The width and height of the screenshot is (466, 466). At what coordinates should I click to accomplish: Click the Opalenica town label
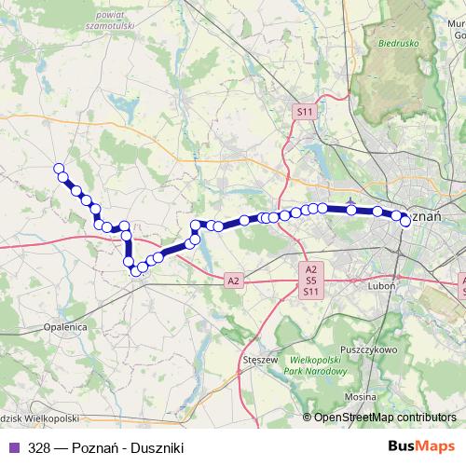coord(65,328)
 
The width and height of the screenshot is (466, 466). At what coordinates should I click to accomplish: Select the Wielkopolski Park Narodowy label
coord(320,364)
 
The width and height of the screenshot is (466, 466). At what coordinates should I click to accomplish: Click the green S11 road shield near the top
coord(305,111)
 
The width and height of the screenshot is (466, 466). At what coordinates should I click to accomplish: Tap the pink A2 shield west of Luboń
coord(233,280)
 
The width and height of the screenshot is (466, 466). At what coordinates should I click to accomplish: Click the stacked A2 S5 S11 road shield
coord(311,280)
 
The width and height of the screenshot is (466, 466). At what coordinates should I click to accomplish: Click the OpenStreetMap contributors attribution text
coord(384,418)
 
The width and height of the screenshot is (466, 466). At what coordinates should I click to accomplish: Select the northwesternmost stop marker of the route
coord(59,169)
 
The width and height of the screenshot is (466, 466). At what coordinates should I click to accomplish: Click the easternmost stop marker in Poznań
coord(405,221)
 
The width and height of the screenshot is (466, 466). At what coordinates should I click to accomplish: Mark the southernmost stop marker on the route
coord(133,271)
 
